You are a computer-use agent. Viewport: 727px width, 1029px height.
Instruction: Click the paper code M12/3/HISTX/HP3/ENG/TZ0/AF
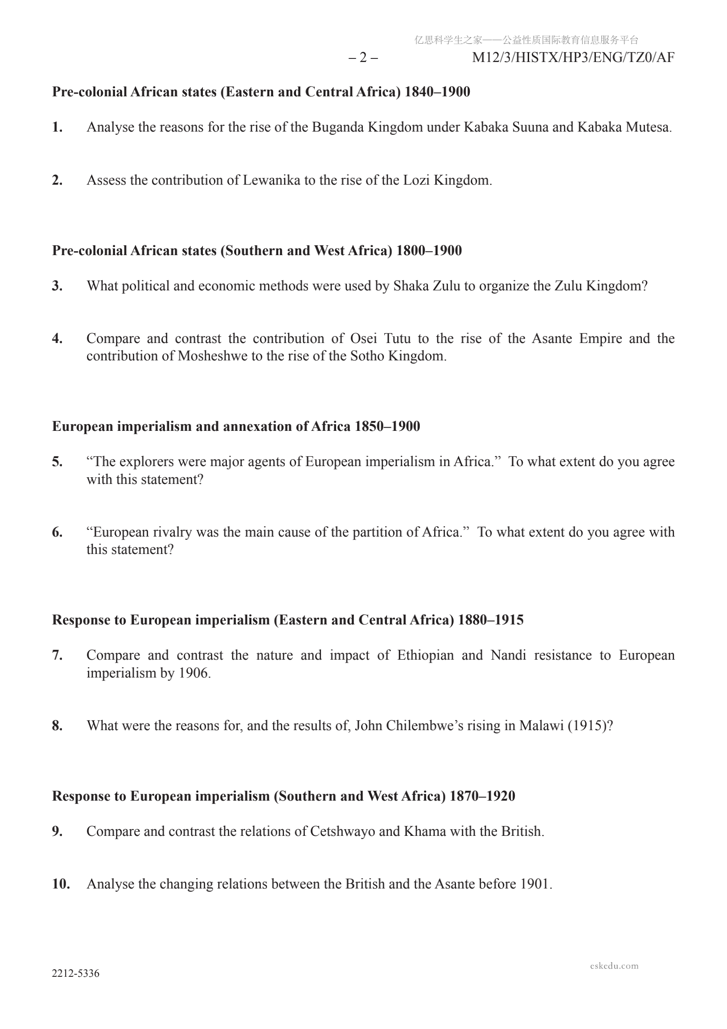point(573,58)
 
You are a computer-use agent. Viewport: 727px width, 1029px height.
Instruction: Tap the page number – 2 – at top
point(363,58)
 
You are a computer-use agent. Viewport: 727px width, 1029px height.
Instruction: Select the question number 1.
point(57,127)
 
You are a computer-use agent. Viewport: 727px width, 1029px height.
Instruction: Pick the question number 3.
point(57,286)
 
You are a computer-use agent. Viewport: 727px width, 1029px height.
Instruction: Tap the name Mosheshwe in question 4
point(212,356)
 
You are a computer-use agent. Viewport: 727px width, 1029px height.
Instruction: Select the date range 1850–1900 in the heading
point(387,426)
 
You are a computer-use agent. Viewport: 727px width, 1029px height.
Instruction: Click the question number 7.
point(57,655)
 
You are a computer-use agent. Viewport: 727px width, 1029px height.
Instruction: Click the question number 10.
point(61,884)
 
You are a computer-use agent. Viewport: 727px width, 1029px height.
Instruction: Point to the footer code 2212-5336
point(76,973)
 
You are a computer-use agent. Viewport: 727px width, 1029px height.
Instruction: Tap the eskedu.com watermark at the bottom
point(614,966)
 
